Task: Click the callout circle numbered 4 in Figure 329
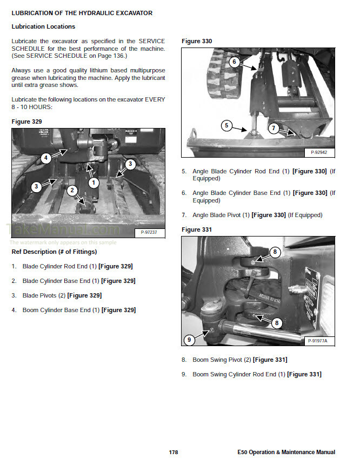pos(45,158)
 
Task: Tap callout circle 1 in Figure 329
pos(94,183)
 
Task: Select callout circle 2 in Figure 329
pos(72,191)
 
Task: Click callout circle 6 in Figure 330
pos(234,62)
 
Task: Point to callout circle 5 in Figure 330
pos(226,125)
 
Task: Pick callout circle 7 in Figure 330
pos(274,129)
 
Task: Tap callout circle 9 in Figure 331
pos(189,340)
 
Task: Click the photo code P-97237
pos(149,232)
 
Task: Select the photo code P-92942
pos(319,152)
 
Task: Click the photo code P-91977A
pos(317,341)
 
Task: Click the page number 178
pos(174,452)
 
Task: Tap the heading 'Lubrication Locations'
pos(43,26)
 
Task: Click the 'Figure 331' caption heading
pos(197,229)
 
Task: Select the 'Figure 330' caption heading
pos(197,41)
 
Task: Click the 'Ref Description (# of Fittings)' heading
pos(54,252)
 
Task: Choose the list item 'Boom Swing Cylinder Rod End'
pos(235,374)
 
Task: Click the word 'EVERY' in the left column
pos(155,99)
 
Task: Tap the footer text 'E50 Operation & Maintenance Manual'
pos(286,452)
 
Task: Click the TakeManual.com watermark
pos(63,229)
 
